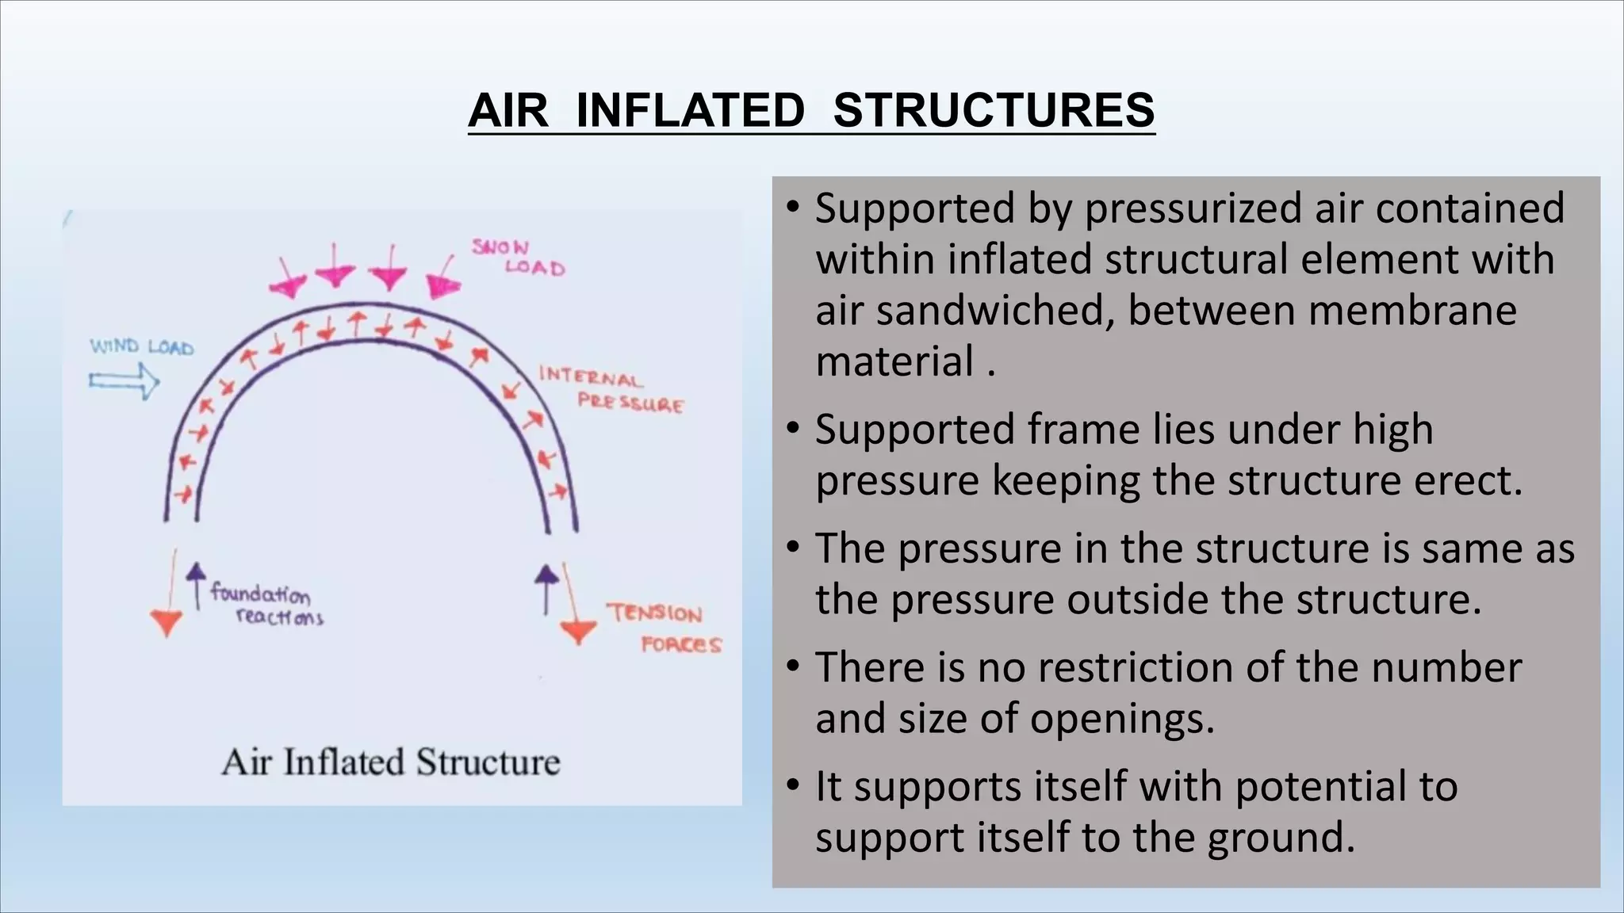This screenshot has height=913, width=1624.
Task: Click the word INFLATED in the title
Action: [690, 110]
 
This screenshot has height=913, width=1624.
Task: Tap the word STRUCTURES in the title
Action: [994, 110]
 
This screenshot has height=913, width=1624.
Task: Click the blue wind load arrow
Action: [124, 382]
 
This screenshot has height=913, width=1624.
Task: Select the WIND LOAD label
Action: [141, 347]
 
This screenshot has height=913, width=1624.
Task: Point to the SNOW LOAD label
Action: [517, 258]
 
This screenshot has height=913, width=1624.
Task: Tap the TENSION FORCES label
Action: [665, 628]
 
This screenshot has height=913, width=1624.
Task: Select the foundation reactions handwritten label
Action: [266, 605]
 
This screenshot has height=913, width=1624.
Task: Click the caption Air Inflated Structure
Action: [390, 762]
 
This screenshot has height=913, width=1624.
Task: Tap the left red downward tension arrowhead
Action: [167, 622]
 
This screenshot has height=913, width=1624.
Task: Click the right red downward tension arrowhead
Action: [578, 632]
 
